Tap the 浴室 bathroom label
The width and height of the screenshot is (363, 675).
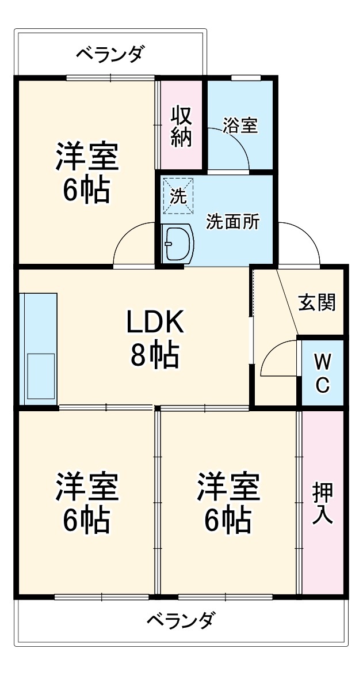click(x=240, y=126)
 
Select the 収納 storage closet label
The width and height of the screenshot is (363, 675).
click(x=181, y=127)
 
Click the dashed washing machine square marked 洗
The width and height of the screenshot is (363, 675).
click(x=178, y=196)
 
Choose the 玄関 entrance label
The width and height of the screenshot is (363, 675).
click(x=317, y=303)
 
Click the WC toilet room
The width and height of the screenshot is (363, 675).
click(x=323, y=373)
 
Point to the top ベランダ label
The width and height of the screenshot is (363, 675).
click(x=109, y=54)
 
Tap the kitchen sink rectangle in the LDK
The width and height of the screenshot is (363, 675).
click(x=41, y=376)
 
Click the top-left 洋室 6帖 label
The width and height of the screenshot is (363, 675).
click(x=86, y=173)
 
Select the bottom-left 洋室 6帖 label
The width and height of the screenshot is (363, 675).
click(x=86, y=502)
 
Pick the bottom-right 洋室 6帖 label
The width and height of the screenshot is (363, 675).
click(x=228, y=502)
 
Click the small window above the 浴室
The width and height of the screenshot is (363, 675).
click(x=246, y=78)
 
